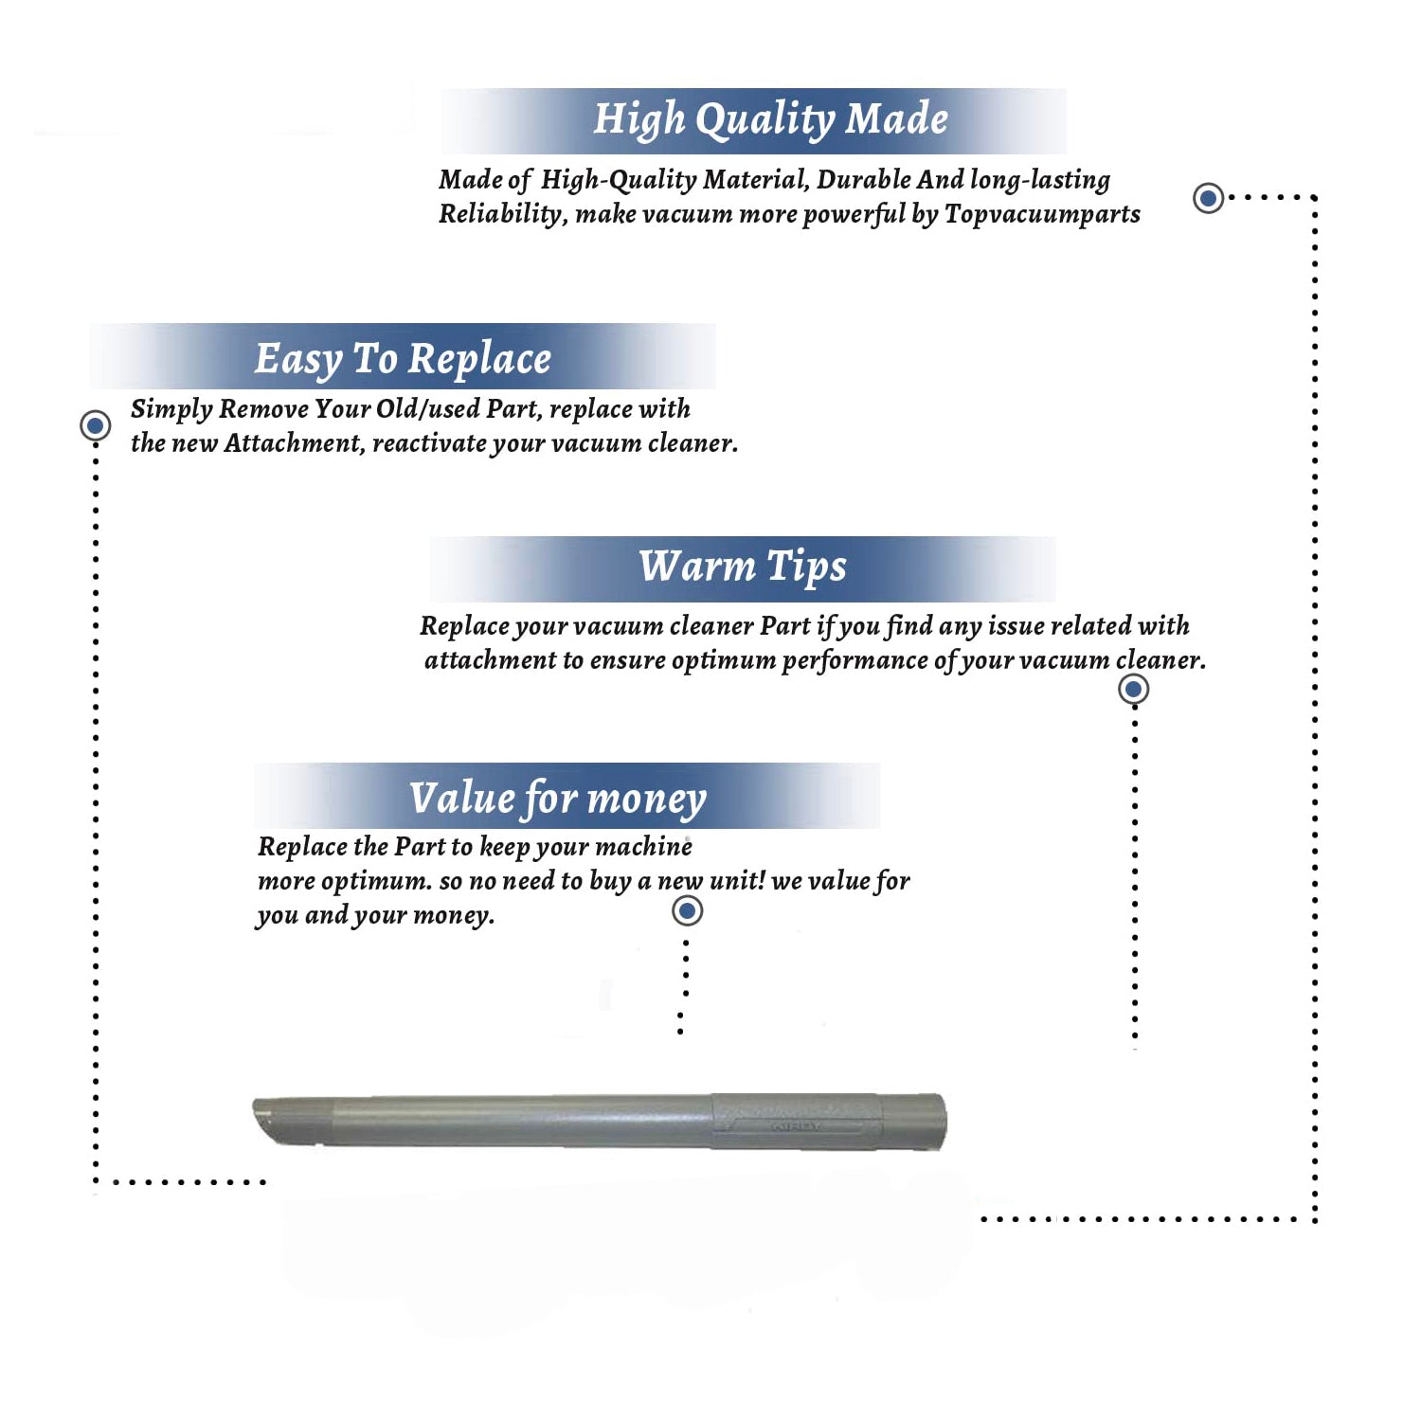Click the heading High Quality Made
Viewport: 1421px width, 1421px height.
770,120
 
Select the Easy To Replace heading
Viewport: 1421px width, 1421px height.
403,359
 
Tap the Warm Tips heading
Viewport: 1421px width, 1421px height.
743,567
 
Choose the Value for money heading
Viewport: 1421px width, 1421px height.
558,799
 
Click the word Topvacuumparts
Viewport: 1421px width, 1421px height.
1042,215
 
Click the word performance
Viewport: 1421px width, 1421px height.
854,660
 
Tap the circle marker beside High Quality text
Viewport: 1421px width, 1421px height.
1208,198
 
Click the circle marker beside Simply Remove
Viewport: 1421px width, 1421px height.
95,425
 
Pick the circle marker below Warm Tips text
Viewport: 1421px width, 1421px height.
1134,689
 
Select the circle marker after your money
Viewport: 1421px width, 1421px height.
687,910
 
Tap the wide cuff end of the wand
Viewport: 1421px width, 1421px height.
913,1122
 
